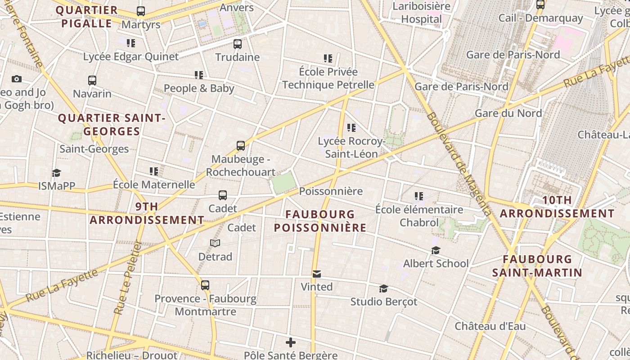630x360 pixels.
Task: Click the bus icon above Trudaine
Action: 238,44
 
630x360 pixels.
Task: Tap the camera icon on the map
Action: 17,79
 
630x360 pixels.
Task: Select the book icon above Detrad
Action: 215,243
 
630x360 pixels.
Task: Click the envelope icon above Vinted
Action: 317,274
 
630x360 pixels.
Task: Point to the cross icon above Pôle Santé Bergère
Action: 291,343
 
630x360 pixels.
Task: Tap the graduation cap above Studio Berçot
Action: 383,288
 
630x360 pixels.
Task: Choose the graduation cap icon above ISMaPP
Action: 56,173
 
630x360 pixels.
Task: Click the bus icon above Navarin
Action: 92,81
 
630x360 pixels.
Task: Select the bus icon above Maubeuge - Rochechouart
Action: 241,146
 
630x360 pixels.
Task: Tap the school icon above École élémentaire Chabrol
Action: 419,196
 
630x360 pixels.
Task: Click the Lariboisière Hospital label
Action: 422,13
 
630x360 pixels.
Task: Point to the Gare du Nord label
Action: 508,113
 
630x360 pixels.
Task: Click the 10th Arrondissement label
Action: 557,207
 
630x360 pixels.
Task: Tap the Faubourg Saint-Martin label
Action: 537,266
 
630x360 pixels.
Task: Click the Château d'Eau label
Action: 490,326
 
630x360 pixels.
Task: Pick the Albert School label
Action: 436,263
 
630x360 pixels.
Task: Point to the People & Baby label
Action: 199,88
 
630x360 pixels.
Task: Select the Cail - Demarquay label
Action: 540,18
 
